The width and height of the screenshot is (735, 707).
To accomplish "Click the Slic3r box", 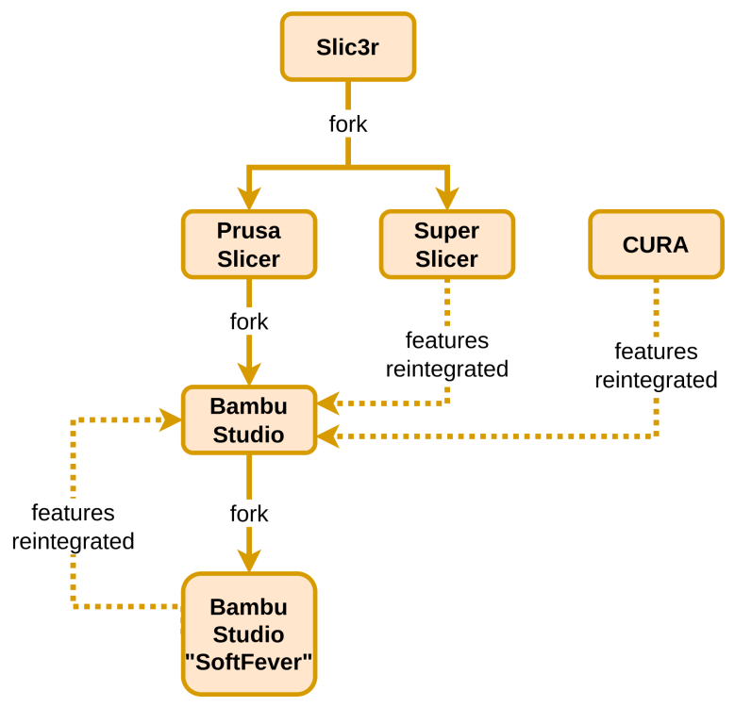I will [x=347, y=46].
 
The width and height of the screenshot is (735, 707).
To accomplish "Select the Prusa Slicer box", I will [x=248, y=245].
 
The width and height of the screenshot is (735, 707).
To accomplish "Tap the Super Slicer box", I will [x=446, y=245].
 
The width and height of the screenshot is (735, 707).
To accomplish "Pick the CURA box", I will [x=655, y=245].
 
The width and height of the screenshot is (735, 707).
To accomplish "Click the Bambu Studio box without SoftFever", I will [x=248, y=420].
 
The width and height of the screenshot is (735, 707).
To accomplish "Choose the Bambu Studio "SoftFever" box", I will [x=248, y=634].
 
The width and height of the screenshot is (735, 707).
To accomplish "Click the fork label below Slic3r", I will [x=347, y=123].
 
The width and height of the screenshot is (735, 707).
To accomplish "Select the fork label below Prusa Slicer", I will [x=248, y=321].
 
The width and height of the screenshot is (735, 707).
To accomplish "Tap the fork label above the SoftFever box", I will [x=248, y=515].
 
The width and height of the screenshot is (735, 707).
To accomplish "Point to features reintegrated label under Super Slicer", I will [x=447, y=354].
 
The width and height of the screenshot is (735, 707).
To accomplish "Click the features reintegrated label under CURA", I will [x=656, y=366].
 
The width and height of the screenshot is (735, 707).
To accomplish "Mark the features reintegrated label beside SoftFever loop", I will [x=73, y=527].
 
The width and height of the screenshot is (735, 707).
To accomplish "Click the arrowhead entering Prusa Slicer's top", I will [x=248, y=199].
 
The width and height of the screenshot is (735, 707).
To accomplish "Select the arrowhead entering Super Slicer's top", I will [x=446, y=199].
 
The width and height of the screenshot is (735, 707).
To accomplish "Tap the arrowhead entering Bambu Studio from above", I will [x=248, y=374].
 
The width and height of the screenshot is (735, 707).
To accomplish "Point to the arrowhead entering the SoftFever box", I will [x=248, y=561].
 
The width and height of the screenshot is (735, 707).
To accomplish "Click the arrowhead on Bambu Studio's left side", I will [x=171, y=420].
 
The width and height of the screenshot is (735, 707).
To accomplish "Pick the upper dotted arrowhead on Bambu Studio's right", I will [x=327, y=403].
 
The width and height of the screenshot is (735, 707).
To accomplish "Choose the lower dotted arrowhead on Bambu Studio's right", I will [x=327, y=436].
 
